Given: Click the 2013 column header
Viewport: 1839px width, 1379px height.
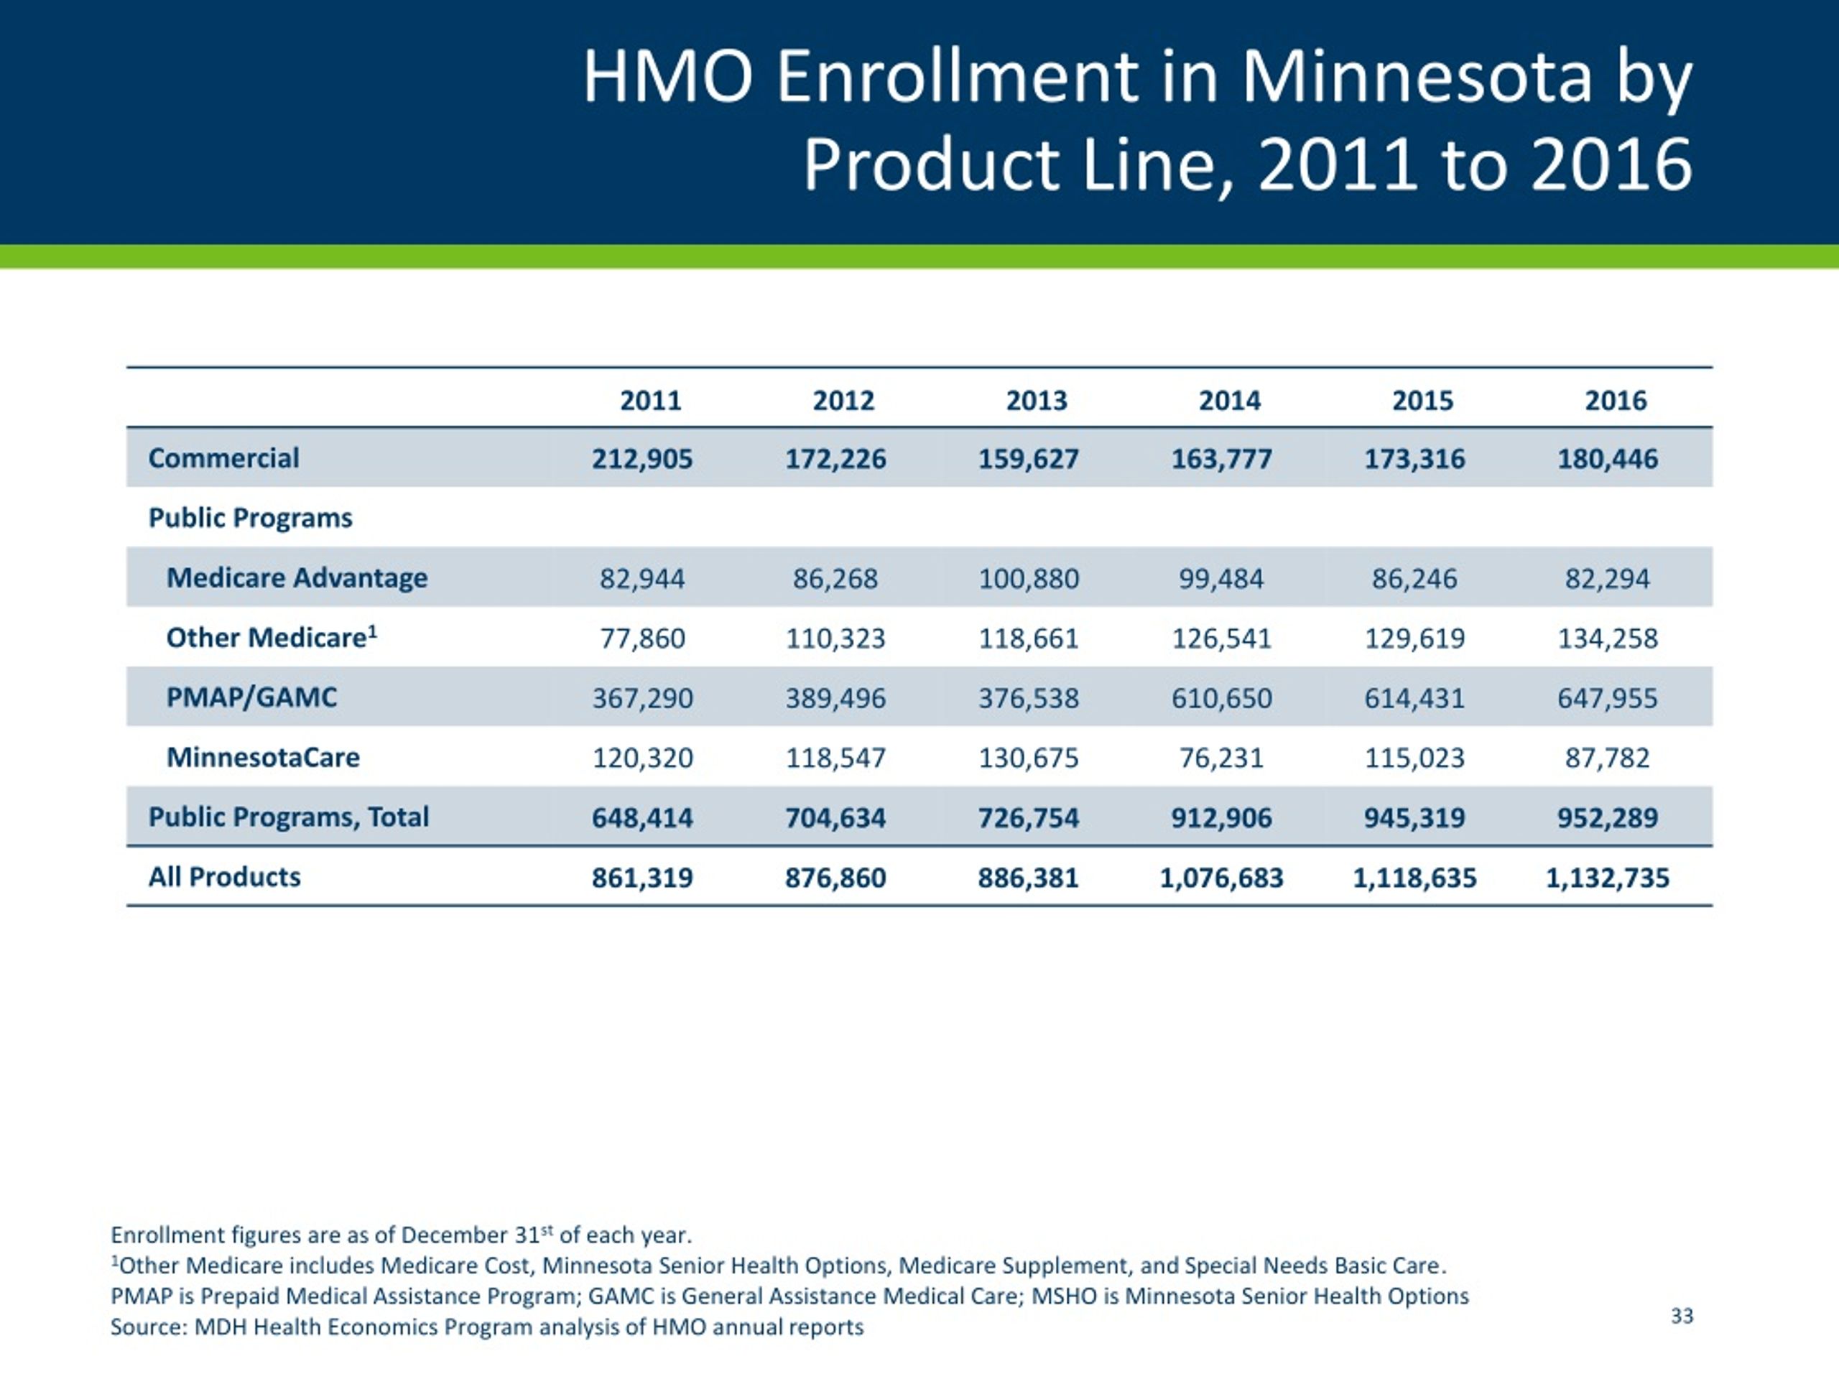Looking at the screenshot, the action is [1037, 401].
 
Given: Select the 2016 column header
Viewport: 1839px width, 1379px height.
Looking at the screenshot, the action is [1616, 401].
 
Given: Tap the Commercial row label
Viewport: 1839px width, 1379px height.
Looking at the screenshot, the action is [223, 458].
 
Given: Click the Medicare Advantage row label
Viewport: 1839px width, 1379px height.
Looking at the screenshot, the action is [297, 577].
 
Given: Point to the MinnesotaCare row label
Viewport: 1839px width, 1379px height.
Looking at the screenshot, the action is [263, 757].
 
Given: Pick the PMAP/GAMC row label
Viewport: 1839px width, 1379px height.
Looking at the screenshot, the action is [252, 697].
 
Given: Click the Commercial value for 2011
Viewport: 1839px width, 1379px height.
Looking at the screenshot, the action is [641, 459].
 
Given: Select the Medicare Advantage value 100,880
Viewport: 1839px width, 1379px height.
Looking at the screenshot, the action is [1029, 578].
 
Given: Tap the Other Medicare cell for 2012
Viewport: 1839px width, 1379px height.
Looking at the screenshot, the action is [835, 639].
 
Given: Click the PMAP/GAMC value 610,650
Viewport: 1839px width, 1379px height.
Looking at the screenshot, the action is [1221, 698].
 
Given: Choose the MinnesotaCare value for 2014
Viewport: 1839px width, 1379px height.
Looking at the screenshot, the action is [1221, 758].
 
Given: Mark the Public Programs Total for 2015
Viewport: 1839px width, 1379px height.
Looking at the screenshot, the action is [1414, 818].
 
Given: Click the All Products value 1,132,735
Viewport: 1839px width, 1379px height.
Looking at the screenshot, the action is [1607, 878].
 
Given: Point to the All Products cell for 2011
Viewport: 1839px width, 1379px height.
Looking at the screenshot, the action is [641, 878].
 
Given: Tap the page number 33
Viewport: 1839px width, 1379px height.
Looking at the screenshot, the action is [1682, 1316].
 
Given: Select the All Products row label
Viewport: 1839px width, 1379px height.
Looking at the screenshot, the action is [224, 877].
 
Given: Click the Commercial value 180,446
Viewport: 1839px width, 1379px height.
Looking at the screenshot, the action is [1607, 459].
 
